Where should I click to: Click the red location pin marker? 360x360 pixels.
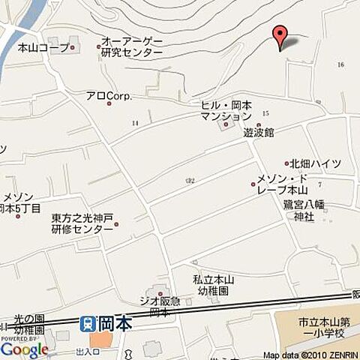pyautogui.click(x=280, y=36)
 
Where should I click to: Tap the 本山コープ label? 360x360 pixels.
pyautogui.click(x=43, y=47)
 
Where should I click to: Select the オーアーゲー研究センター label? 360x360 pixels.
pyautogui.click(x=132, y=47)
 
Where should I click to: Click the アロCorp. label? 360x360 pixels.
pyautogui.click(x=108, y=95)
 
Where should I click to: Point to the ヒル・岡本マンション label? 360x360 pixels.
pyautogui.click(x=226, y=111)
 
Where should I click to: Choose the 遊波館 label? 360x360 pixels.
pyautogui.click(x=258, y=132)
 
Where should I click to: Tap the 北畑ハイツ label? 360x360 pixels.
pyautogui.click(x=315, y=163)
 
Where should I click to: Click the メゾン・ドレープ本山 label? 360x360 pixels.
pyautogui.click(x=283, y=184)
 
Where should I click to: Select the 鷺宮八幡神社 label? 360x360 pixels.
pyautogui.click(x=303, y=210)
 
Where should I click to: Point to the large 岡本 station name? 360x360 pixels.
pyautogui.click(x=115, y=323)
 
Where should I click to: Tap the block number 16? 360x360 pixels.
pyautogui.click(x=341, y=65)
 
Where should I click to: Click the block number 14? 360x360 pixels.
pyautogui.click(x=135, y=121)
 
